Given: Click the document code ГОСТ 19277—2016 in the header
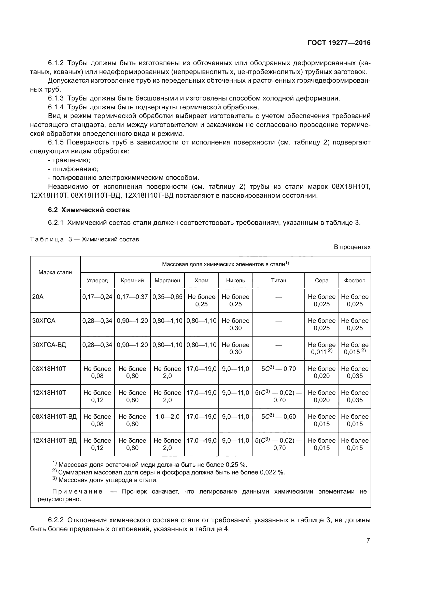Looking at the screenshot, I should pyautogui.click(x=339, y=43).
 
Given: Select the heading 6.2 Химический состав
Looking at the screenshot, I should pyautogui.click(x=89, y=210).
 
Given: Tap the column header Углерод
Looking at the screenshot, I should pyautogui.click(x=97, y=280).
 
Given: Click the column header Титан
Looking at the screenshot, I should pyautogui.click(x=278, y=280).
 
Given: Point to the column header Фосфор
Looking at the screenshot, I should pyautogui.click(x=354, y=280).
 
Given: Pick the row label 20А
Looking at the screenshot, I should pyautogui.click(x=38, y=297).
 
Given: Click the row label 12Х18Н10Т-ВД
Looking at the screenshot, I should pyautogui.click(x=54, y=441).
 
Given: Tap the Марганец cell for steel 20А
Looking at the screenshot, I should pyautogui.click(x=167, y=297).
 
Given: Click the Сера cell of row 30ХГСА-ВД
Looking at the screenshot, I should pyautogui.click(x=321, y=348).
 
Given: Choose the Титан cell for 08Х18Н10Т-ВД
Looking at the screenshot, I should pyautogui.click(x=278, y=417).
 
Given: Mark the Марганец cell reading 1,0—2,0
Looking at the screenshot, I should pyautogui.click(x=167, y=417).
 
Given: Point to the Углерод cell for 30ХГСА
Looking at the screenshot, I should pyautogui.click(x=97, y=321).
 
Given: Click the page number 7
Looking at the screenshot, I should pyautogui.click(x=368, y=540).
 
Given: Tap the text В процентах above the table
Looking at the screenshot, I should pyautogui.click(x=352, y=247).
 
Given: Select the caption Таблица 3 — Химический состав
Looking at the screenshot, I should pyautogui.click(x=85, y=239).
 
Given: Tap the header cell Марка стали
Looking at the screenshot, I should pyautogui.click(x=55, y=272).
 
